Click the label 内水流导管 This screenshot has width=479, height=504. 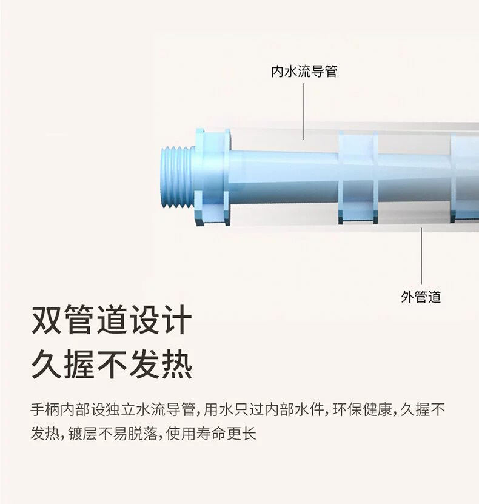(x=304, y=72)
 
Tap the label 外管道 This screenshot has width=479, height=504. (x=421, y=297)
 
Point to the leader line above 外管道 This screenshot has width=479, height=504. (x=421, y=255)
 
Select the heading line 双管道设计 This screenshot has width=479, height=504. (x=112, y=321)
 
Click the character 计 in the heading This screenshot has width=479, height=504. (x=177, y=321)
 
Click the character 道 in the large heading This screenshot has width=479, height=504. (x=112, y=321)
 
